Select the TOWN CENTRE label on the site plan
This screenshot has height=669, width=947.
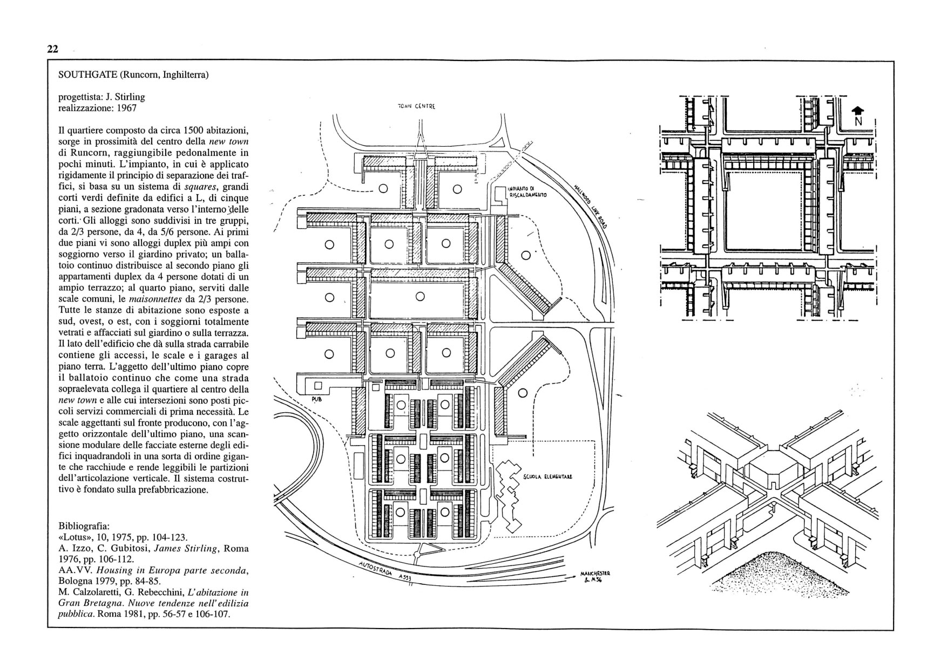(x=416, y=106)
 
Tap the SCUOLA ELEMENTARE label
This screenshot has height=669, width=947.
(x=547, y=477)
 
